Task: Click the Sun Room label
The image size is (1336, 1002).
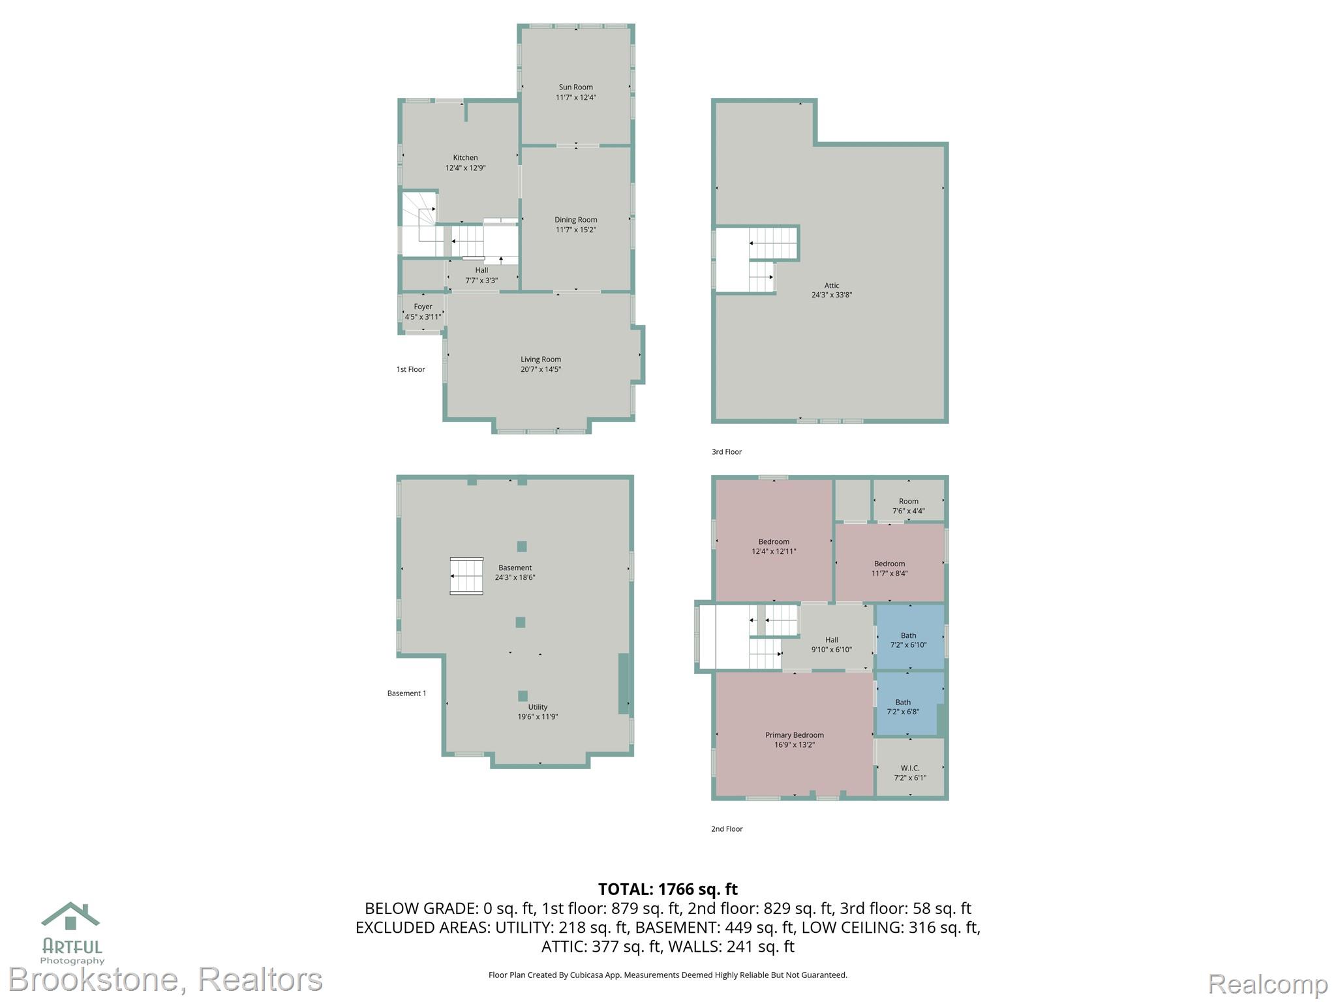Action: tap(575, 87)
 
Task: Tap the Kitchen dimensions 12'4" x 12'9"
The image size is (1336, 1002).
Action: tap(465, 168)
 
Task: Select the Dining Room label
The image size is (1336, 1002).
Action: tap(575, 220)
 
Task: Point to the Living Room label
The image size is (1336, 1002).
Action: tap(540, 359)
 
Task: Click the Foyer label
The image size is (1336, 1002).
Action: tap(423, 307)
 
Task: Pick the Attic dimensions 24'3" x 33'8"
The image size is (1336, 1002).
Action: tap(831, 295)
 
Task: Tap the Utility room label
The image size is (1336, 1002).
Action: tap(538, 707)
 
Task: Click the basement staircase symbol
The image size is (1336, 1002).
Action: tap(466, 576)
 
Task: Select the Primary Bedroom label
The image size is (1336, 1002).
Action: tap(794, 735)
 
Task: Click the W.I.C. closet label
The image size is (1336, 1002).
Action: tap(909, 768)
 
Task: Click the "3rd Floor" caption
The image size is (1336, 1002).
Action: tap(726, 451)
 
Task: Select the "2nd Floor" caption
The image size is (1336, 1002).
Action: tap(727, 829)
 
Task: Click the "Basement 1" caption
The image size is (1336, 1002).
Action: tap(406, 693)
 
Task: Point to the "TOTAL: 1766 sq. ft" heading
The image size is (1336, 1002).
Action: tap(668, 889)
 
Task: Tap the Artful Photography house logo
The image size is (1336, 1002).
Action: tap(70, 916)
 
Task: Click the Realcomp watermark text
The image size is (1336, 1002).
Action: tap(1268, 984)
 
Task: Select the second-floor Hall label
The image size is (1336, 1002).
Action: tap(831, 640)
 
